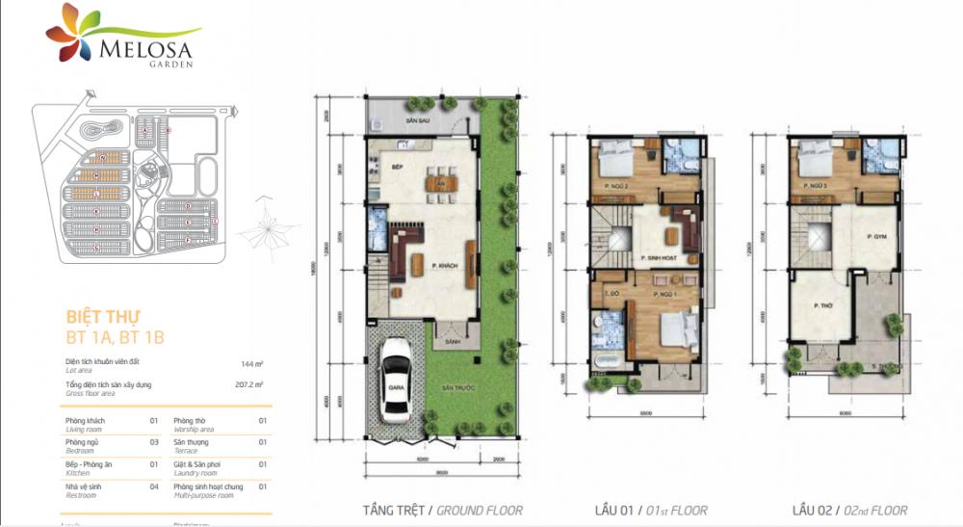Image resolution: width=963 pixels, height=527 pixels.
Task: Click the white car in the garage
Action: [x=395, y=384]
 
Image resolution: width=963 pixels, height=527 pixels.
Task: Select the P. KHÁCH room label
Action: [x=443, y=267]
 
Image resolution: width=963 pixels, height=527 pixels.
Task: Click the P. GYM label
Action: [x=875, y=236]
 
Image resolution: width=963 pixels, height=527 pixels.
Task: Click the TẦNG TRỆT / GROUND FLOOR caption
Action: [x=442, y=510]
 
